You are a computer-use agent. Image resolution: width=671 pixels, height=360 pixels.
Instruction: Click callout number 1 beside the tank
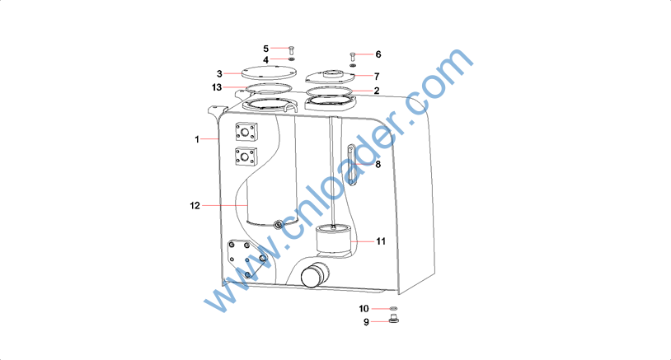(197, 139)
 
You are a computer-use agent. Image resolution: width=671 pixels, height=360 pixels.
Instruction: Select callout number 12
(195, 206)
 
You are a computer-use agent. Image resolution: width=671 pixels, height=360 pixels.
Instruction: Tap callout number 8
(378, 164)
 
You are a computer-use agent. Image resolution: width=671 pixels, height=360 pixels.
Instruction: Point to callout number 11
(381, 241)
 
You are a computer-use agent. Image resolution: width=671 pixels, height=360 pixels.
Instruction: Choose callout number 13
(217, 87)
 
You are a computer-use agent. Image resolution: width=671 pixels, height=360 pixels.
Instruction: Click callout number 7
(377, 77)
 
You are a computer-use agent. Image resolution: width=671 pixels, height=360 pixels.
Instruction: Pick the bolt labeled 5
(292, 49)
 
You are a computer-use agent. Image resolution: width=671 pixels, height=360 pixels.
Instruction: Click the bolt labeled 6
(353, 56)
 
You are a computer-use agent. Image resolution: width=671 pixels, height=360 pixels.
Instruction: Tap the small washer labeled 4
(292, 59)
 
